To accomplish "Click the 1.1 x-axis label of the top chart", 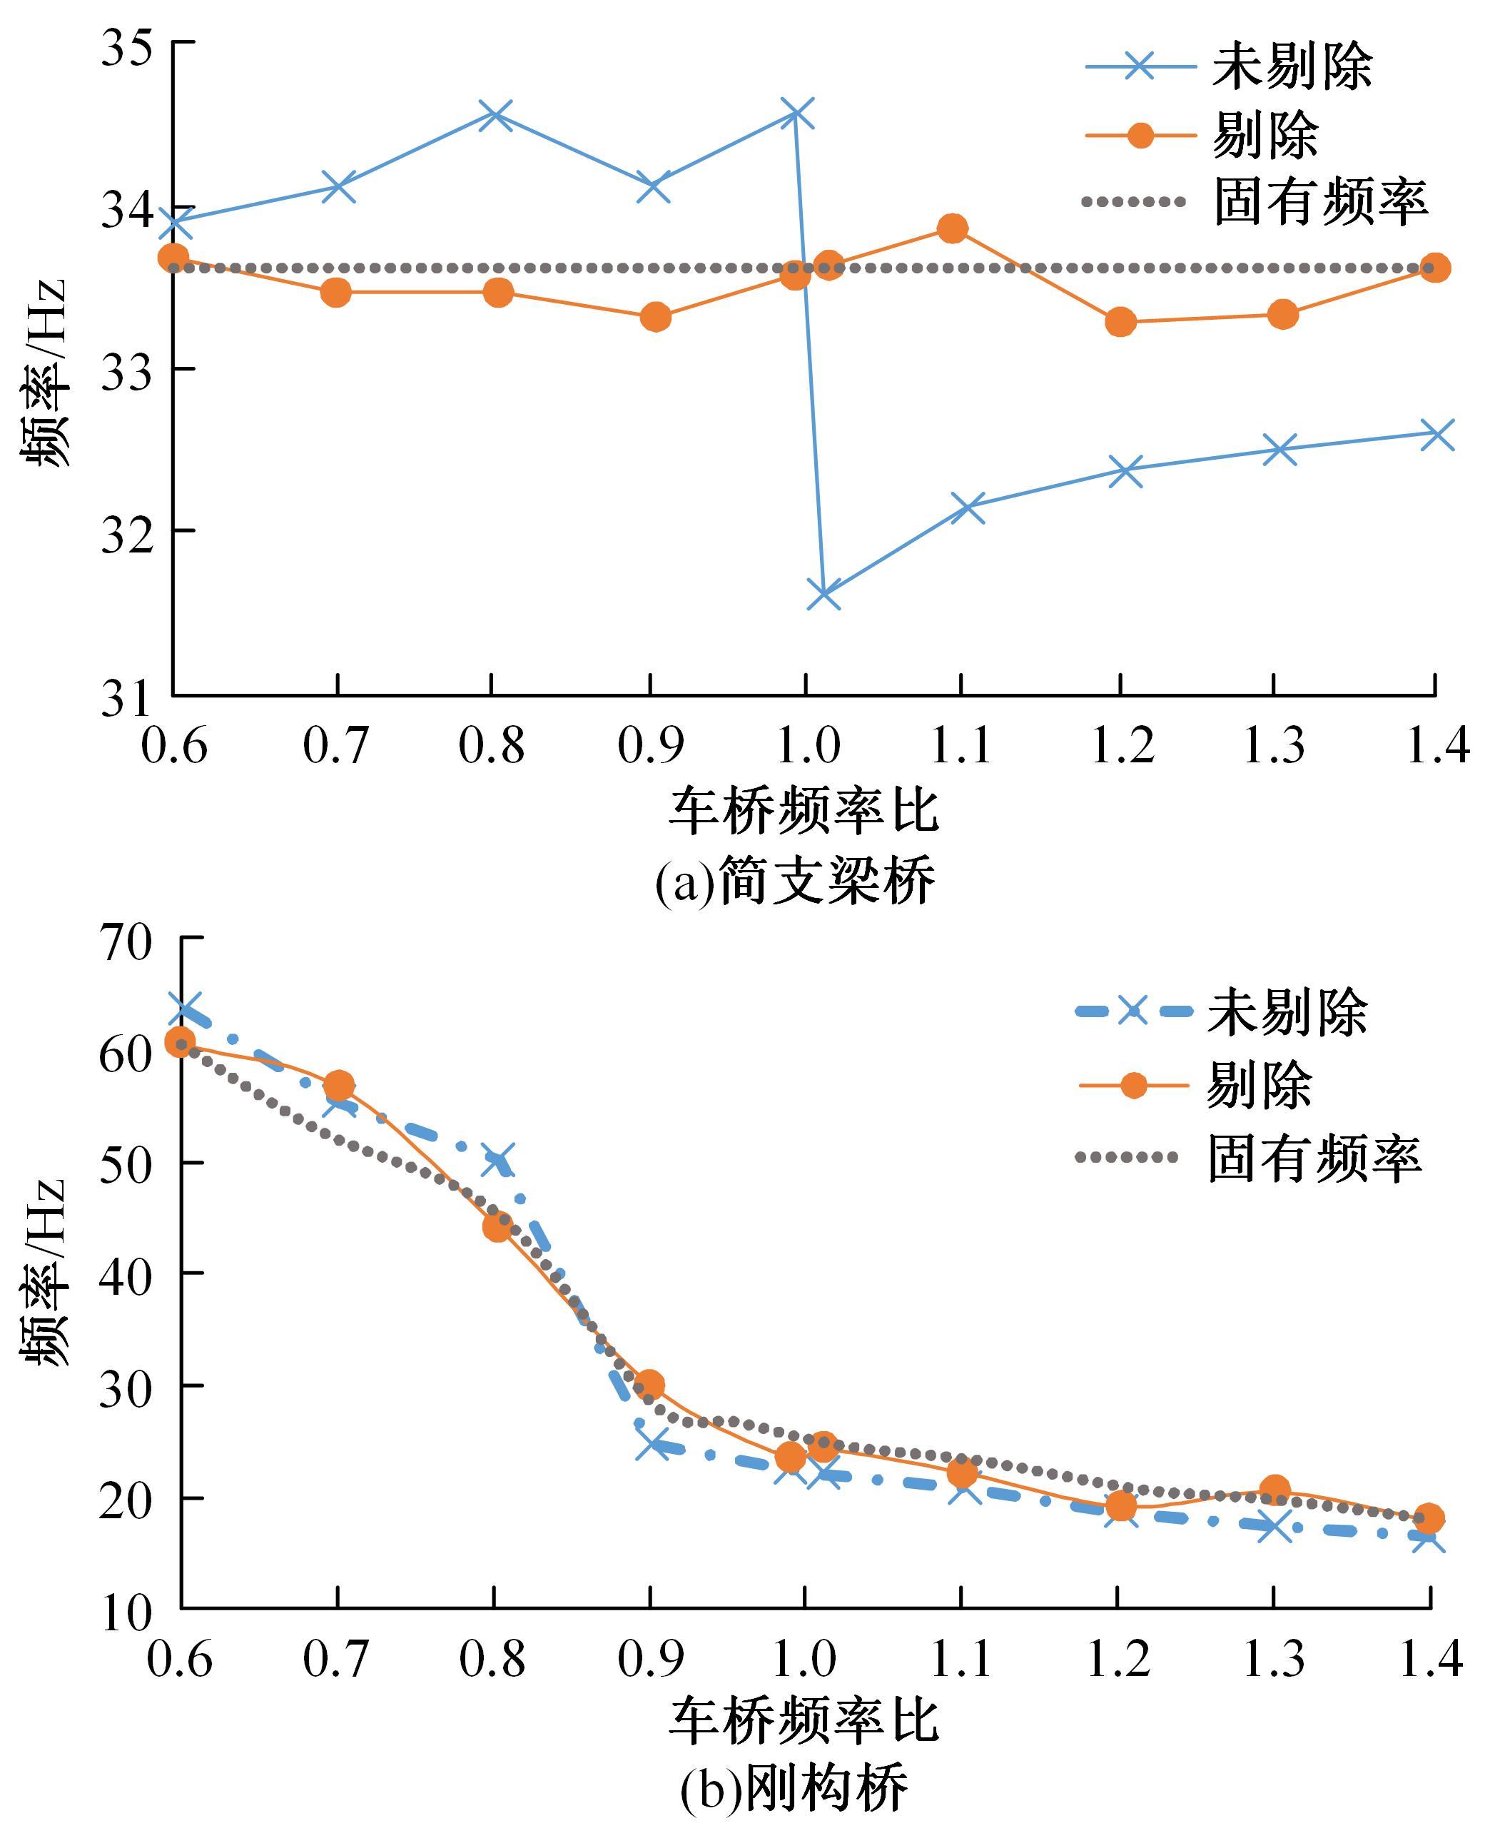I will click(x=961, y=745).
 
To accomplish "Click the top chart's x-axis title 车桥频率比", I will click(x=804, y=812).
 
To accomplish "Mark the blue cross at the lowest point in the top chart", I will click(x=824, y=595).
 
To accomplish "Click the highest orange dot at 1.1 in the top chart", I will click(x=952, y=228).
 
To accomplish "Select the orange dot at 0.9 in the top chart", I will click(x=656, y=317).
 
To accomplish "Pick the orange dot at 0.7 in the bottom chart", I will click(x=339, y=1085).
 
